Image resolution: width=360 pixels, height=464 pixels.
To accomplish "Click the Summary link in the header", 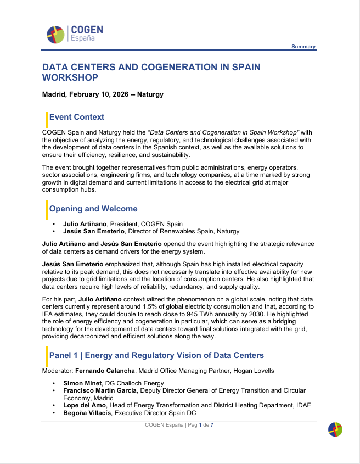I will point(303,47).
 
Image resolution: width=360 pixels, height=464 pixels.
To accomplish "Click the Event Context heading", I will point(77,117).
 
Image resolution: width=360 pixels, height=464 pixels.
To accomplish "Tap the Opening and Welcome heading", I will point(93,209).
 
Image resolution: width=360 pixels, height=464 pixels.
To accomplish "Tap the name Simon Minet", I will point(82,383).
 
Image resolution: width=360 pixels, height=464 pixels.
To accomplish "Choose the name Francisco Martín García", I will point(100,390).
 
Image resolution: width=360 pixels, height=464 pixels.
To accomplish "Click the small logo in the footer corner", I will point(335,429).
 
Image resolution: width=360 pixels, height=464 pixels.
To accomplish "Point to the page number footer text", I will point(179,425).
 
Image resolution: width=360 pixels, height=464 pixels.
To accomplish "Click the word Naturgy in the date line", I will point(150,94).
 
